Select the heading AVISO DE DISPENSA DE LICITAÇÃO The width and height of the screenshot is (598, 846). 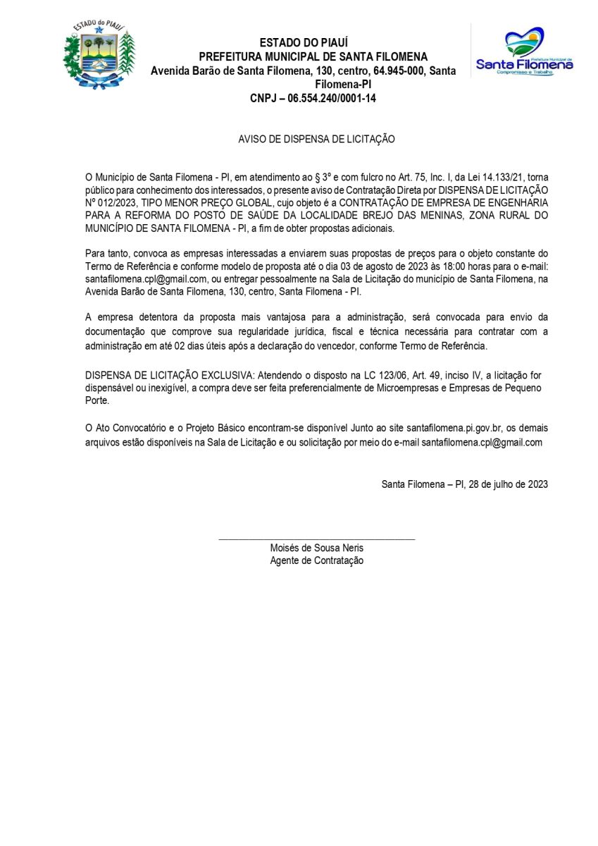click(316, 140)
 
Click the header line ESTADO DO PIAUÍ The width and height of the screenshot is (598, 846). click(304, 43)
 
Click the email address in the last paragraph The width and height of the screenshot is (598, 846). click(482, 443)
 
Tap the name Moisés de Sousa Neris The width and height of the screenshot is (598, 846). click(316, 548)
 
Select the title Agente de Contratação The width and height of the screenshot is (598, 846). click(316, 561)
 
